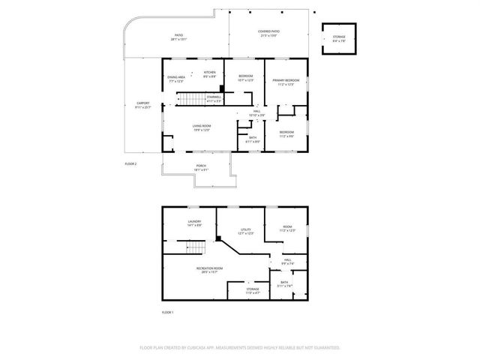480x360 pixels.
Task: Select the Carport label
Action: [x=142, y=105]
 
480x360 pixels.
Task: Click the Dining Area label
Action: [x=177, y=79]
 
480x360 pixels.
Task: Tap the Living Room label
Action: [x=200, y=127]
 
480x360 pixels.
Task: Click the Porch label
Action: [x=201, y=167]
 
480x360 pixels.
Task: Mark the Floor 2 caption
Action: [x=130, y=163]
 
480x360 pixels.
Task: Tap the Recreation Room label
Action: [x=209, y=270]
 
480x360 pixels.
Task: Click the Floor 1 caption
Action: [x=167, y=311]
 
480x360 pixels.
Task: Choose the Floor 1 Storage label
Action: [x=253, y=289]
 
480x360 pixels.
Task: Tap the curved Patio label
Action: [x=178, y=37]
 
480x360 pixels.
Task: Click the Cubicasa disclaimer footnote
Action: [x=240, y=347]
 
